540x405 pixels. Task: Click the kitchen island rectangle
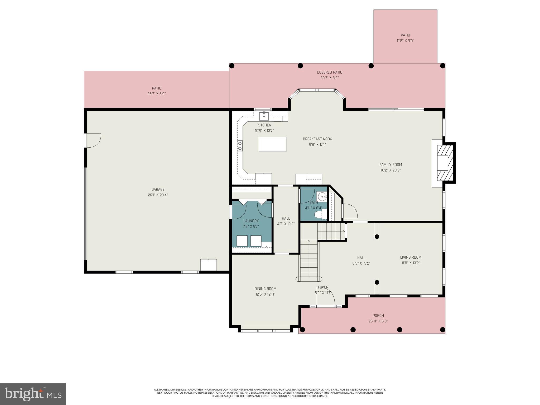272,144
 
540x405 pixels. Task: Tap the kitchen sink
264,116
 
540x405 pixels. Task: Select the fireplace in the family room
445,163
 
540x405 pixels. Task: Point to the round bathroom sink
322,197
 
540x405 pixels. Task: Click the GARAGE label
158,189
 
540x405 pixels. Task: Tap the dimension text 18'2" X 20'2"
390,170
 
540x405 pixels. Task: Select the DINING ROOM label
265,289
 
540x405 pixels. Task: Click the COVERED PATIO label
329,72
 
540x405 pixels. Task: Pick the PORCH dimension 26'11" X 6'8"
378,321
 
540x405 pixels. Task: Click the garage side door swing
93,140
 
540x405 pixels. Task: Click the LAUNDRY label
251,221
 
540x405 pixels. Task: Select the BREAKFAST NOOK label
317,139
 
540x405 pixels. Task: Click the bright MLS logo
33,394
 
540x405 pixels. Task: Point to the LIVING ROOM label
411,257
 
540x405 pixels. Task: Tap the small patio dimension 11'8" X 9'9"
405,41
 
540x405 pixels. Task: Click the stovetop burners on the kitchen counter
240,146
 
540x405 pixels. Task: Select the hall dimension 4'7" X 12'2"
286,224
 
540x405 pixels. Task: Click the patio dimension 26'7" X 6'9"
156,94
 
